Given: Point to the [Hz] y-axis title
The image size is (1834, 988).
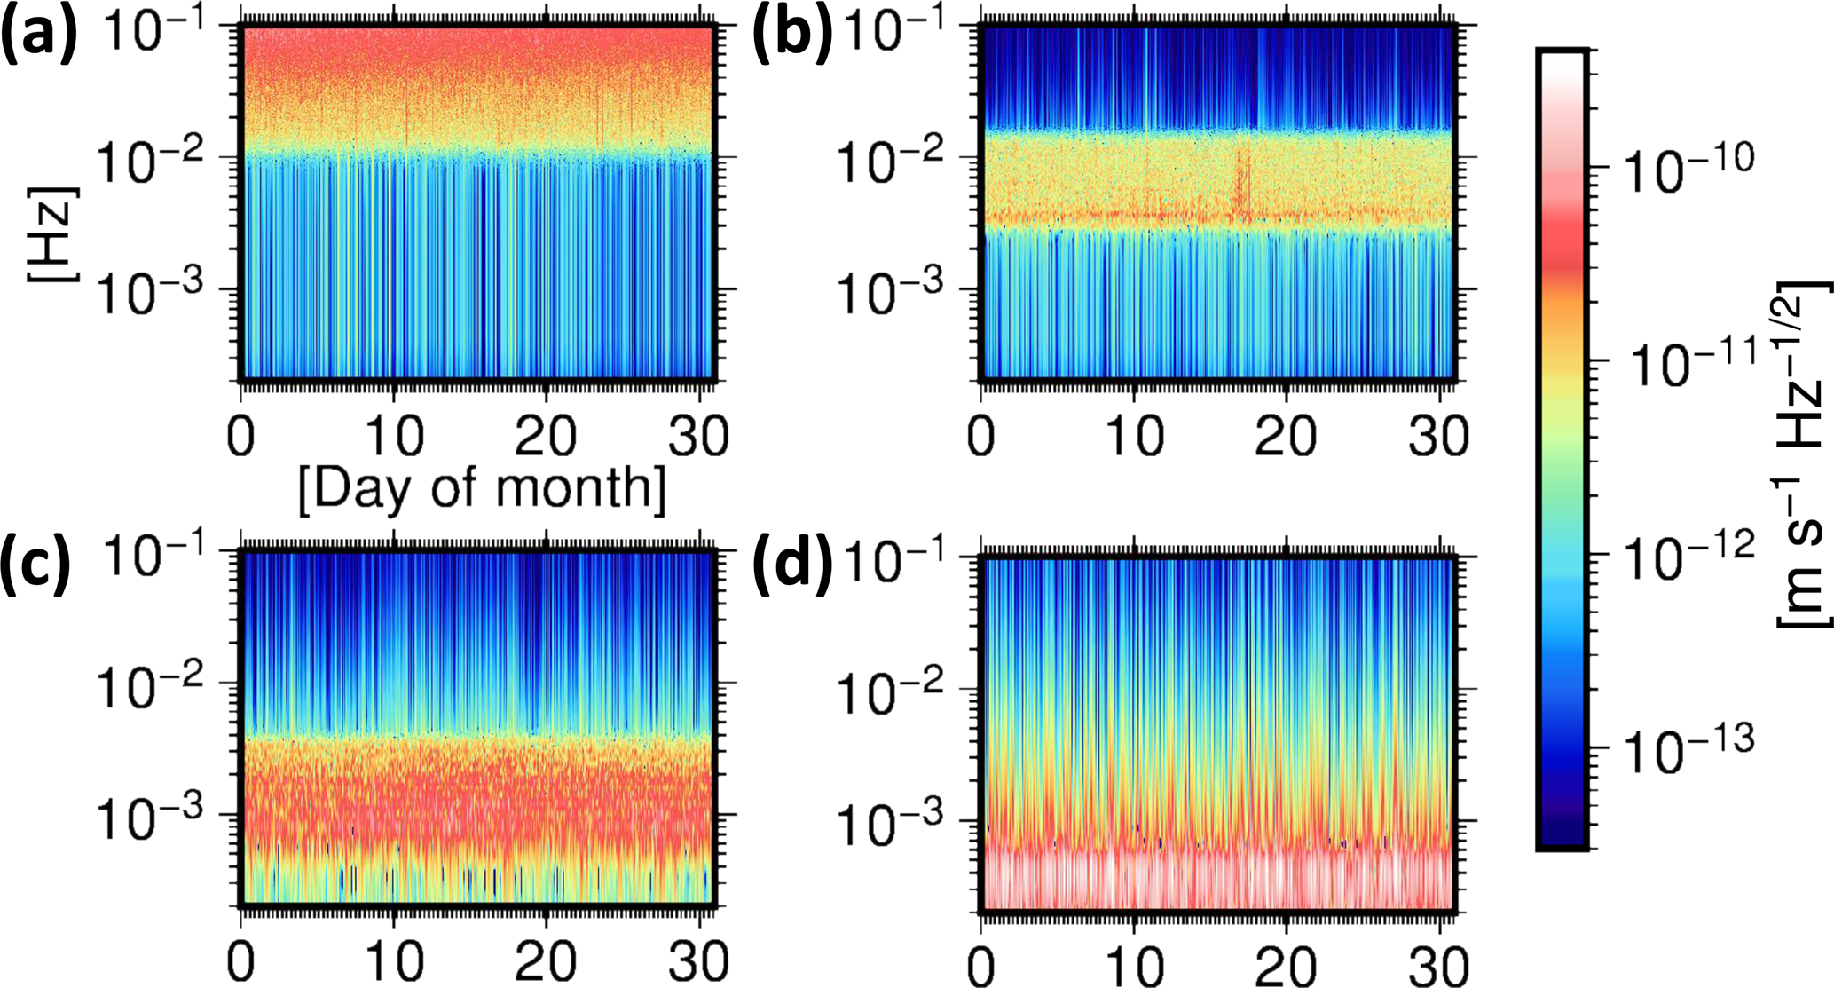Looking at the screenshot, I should [53, 234].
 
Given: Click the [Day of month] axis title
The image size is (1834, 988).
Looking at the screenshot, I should [482, 487].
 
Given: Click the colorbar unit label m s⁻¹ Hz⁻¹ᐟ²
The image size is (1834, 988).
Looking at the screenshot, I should [1801, 453].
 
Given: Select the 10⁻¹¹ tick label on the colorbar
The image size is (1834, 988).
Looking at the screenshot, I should [1686, 363].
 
